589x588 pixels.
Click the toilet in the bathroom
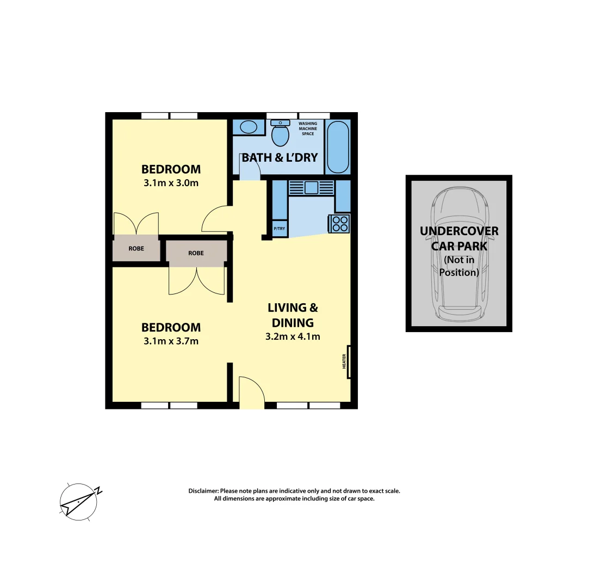pos(280,134)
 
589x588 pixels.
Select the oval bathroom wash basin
pos(249,127)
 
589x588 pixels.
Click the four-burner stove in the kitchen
pos(340,223)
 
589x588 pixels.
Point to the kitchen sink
pos(312,187)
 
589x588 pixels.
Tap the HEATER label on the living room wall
pos(344,362)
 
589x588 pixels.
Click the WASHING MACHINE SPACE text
pos(308,128)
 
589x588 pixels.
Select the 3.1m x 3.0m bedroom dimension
pos(171,183)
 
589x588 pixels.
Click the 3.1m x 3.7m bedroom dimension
pos(171,341)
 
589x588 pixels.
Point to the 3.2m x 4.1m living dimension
pos(293,336)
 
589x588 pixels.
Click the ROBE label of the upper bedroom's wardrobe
pos(137,249)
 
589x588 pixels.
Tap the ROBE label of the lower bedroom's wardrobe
pos(196,253)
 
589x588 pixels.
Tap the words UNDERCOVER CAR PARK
pos(458,238)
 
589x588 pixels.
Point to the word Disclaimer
pos(203,491)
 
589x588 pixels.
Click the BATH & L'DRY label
pos(280,158)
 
